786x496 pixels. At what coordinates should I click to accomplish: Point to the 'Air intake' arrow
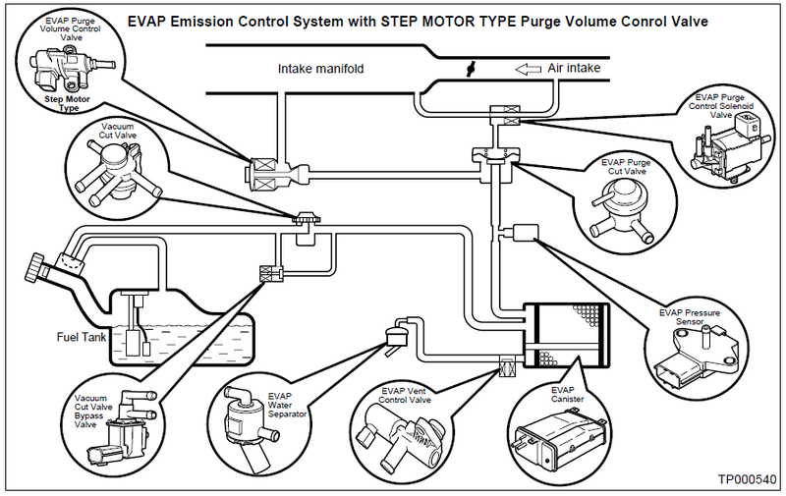[x=530, y=70]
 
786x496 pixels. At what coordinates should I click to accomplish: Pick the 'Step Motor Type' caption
[x=60, y=103]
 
